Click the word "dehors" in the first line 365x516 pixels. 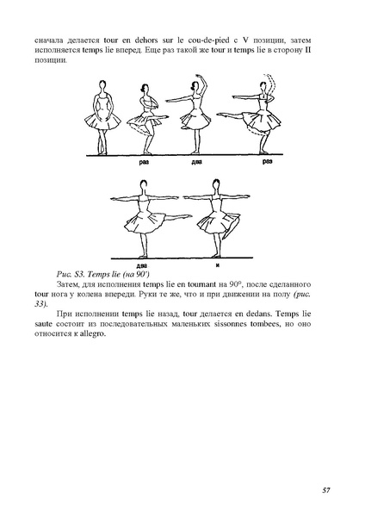click(x=145, y=40)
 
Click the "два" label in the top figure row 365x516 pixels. click(x=196, y=162)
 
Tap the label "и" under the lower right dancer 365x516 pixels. click(x=217, y=265)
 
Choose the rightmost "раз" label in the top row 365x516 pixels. click(x=268, y=162)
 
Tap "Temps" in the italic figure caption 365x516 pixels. click(x=90, y=275)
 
